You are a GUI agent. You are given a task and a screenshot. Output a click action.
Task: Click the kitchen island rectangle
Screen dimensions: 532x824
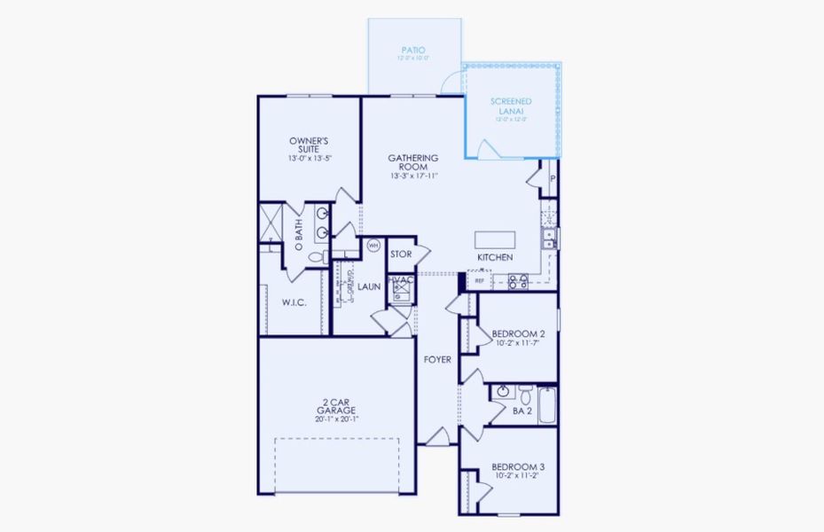(494, 239)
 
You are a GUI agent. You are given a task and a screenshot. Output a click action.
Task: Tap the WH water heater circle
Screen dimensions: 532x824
(373, 245)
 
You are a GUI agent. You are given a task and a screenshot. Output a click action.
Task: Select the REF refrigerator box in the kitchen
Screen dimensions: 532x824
(479, 281)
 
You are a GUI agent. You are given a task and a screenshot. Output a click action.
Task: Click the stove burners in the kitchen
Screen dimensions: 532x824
(518, 282)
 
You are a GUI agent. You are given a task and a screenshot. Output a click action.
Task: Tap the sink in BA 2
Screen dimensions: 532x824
(502, 391)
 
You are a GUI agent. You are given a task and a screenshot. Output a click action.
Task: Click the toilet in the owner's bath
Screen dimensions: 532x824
(317, 255)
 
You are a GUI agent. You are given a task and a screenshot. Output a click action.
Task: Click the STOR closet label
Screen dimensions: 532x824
(401, 254)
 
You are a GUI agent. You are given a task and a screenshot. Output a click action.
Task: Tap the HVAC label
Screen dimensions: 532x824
(403, 281)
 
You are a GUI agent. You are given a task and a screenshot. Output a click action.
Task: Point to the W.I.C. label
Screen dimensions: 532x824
(294, 302)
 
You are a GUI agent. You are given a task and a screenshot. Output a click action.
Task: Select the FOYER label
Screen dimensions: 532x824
(437, 360)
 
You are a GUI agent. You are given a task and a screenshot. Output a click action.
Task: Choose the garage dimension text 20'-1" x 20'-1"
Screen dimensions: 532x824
(335, 419)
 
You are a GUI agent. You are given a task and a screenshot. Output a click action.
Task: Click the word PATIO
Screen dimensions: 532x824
(414, 51)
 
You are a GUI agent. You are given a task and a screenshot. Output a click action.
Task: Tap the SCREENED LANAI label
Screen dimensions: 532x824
(511, 106)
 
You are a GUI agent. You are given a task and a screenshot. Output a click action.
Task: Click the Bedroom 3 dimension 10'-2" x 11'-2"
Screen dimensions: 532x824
(518, 475)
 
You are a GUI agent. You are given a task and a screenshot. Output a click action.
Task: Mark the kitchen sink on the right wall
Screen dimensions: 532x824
(549, 237)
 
